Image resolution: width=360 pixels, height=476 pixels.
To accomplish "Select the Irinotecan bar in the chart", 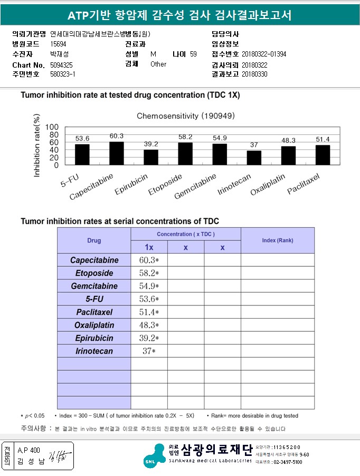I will coord(254,158).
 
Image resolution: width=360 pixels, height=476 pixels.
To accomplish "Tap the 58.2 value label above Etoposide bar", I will coord(185,137).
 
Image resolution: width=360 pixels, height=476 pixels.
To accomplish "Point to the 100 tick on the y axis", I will coord(52,127).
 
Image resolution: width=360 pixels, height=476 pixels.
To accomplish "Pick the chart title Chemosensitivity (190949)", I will coord(186,115).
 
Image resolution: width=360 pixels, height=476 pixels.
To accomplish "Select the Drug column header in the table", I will coord(94,240).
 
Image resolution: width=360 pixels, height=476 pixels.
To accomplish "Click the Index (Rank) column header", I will coord(277,240).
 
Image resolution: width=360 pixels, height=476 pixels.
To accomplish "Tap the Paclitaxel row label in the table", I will coord(94,312).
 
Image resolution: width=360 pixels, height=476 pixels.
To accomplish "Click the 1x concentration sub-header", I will coord(149,248).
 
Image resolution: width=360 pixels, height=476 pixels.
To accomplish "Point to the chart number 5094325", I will coord(62,64).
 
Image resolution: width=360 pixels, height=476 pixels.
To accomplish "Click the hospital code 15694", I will coord(58,44).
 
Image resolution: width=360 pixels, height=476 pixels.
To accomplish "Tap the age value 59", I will coord(193,54).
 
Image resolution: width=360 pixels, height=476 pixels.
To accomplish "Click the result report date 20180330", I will coord(254,74).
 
